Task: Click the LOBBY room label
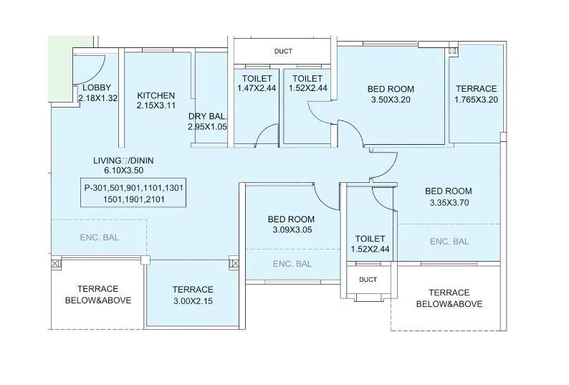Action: [x=96, y=88]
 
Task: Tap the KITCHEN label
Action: [x=156, y=95]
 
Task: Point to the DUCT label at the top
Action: [x=283, y=52]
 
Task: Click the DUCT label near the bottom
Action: [x=368, y=280]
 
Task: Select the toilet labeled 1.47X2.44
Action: [x=256, y=88]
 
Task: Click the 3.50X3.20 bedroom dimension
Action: [x=391, y=100]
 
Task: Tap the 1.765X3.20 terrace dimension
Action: [x=476, y=100]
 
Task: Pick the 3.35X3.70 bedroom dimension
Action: [x=448, y=203]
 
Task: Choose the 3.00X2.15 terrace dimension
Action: [x=193, y=300]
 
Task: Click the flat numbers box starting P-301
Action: [x=133, y=194]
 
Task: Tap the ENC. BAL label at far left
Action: [x=99, y=237]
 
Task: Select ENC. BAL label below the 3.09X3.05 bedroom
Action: [x=292, y=264]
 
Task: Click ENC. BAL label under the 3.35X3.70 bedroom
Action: [x=449, y=242]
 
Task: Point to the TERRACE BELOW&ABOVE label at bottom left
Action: [x=98, y=295]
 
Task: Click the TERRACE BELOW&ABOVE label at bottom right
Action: [x=449, y=298]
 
